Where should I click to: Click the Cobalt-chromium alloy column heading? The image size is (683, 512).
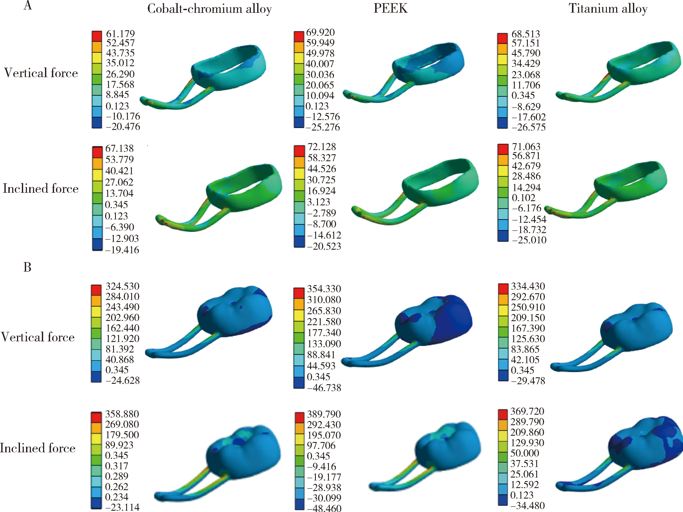point(209,9)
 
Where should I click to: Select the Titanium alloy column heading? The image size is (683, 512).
point(608,9)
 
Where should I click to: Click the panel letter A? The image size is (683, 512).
point(28,5)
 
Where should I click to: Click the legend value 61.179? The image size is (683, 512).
point(120,34)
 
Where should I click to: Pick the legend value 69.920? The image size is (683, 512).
point(320,32)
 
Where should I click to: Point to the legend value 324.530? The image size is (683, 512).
point(122,286)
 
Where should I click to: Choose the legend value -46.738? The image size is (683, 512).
point(324,388)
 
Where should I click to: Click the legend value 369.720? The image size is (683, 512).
point(527,411)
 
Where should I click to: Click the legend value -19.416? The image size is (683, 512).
point(122,250)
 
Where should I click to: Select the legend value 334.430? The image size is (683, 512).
point(528,286)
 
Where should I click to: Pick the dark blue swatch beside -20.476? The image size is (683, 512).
point(97,123)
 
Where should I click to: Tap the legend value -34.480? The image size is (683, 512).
point(527,505)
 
